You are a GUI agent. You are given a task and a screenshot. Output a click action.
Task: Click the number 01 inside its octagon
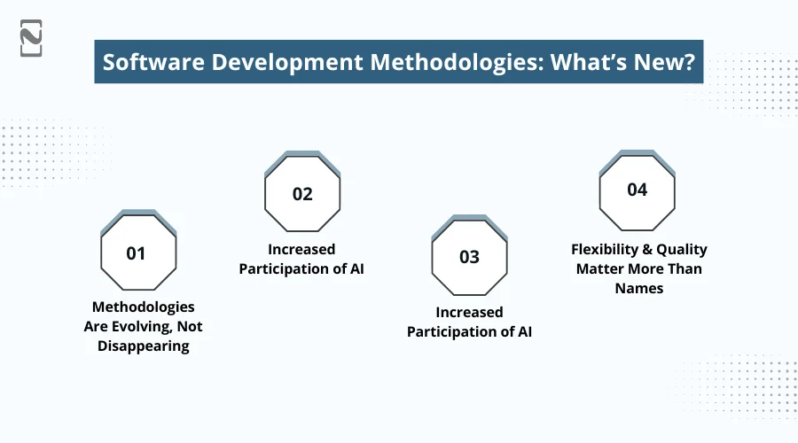[136, 253]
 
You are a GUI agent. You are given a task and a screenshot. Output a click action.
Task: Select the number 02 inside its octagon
[302, 194]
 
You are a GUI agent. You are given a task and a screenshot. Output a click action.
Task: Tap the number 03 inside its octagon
[469, 257]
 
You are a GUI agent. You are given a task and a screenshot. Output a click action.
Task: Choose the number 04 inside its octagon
[637, 190]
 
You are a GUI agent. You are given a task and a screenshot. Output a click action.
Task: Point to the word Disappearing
[143, 346]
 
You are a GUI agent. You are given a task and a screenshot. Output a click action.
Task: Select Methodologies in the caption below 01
[144, 307]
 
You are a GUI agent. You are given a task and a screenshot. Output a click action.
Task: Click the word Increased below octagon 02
[301, 250]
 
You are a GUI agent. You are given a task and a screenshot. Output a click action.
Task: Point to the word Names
[639, 289]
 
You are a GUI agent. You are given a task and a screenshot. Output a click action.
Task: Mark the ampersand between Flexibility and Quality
[650, 250]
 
